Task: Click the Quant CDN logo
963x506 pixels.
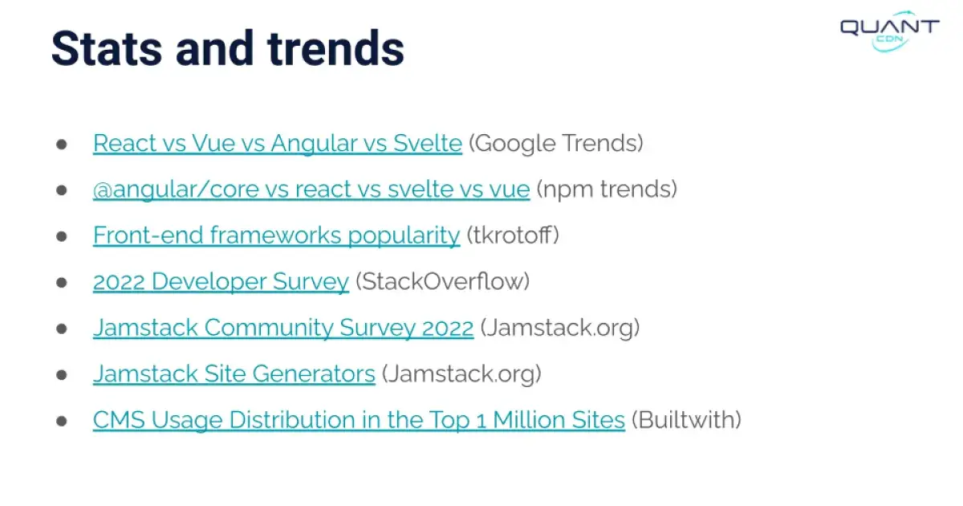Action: point(889,31)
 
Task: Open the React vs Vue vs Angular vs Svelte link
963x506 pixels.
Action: point(278,144)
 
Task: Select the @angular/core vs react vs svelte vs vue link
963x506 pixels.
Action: point(311,190)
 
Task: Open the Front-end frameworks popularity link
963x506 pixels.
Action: point(276,235)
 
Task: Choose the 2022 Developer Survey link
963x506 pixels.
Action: point(221,282)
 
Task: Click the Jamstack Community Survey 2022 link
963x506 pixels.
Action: point(283,328)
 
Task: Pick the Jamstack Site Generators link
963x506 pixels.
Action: point(234,374)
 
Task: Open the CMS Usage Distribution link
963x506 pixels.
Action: point(359,420)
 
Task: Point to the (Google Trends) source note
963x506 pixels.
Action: point(556,144)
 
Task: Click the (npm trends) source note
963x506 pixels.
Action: point(607,190)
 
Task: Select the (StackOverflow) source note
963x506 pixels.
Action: point(442,282)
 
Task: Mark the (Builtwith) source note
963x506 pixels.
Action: point(686,420)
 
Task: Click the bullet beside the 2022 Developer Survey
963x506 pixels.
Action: point(61,283)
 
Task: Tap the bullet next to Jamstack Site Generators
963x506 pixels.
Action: point(61,375)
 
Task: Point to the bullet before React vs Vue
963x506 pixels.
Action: point(61,145)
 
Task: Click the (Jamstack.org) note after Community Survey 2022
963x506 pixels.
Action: point(560,328)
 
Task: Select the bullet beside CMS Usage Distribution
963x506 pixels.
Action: point(61,421)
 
